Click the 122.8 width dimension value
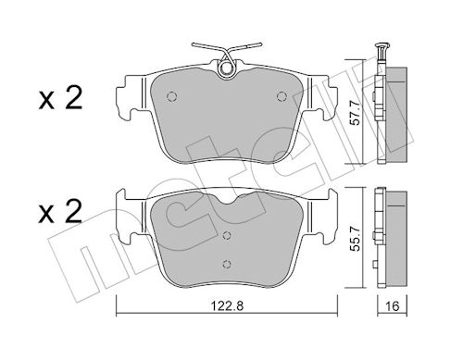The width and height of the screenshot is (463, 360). tap(227, 305)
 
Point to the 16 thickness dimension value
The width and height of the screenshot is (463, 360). tap(393, 306)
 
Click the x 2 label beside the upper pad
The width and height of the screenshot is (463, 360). tap(60, 98)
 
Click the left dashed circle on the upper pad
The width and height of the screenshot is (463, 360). tap(171, 96)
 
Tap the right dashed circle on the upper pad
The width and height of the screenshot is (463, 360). tap(282, 96)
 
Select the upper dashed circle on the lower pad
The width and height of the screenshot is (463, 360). tap(227, 235)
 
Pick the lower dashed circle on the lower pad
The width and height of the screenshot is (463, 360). tap(227, 264)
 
